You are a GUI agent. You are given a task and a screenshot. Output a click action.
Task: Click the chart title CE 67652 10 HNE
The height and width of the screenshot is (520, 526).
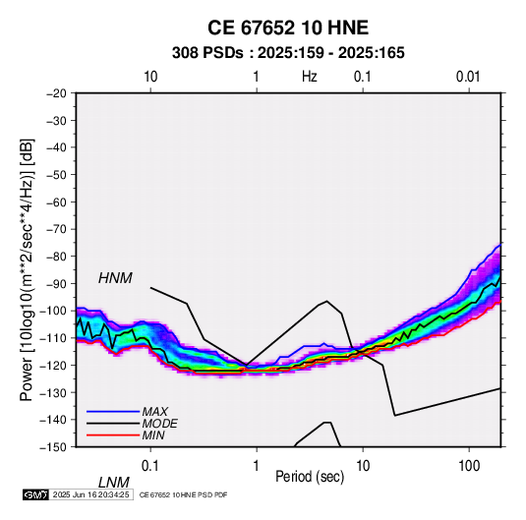tap(288, 28)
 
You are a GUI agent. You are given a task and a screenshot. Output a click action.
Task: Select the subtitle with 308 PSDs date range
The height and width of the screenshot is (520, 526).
tap(288, 53)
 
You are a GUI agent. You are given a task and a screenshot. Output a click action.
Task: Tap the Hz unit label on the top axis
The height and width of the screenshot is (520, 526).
tap(309, 77)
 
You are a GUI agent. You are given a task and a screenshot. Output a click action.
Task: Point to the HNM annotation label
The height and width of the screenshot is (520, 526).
tap(115, 278)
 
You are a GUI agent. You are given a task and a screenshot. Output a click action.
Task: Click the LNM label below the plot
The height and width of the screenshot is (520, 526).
tap(113, 483)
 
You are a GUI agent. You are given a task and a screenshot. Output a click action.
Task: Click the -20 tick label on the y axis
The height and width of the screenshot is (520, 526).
tap(56, 93)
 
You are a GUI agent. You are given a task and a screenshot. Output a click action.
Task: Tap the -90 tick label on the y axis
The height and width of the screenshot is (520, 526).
tap(56, 283)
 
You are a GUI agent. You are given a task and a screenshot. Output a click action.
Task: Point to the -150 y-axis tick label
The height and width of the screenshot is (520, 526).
tap(53, 447)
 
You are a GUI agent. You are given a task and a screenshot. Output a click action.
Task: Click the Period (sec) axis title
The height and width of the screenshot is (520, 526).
tap(310, 477)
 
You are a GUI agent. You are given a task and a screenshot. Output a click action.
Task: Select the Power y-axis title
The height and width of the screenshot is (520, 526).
tap(27, 269)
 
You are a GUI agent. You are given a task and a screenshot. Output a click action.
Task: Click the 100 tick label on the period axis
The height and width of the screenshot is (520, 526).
tap(469, 466)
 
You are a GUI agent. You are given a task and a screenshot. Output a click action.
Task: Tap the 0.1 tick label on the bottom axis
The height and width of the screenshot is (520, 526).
tap(150, 466)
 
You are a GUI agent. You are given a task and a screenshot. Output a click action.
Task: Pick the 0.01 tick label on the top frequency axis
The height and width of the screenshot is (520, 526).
tap(468, 77)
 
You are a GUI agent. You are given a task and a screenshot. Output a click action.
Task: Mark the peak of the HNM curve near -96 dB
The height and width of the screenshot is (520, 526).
tap(326, 301)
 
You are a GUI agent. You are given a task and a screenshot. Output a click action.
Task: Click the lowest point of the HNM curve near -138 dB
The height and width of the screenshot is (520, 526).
tap(395, 416)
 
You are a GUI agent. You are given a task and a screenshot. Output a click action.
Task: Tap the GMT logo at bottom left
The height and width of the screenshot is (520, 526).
tap(36, 494)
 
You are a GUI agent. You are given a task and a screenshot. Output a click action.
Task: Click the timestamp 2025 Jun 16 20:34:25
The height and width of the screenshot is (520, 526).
tap(90, 494)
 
